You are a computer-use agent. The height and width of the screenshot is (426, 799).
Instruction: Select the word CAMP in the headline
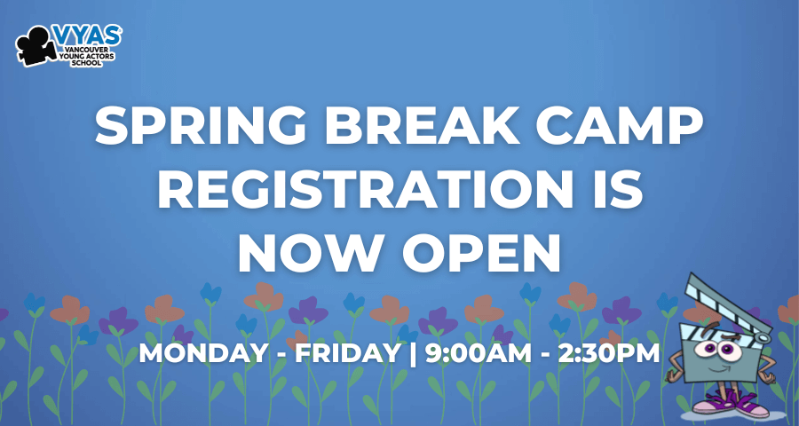[619, 126]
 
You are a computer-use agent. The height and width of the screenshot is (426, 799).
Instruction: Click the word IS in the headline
[618, 190]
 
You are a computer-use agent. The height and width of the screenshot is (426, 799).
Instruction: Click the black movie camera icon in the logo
[36, 46]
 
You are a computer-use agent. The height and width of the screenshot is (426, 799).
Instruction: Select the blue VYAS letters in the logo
[87, 35]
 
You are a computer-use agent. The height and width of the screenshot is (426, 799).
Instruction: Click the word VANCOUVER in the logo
[85, 50]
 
